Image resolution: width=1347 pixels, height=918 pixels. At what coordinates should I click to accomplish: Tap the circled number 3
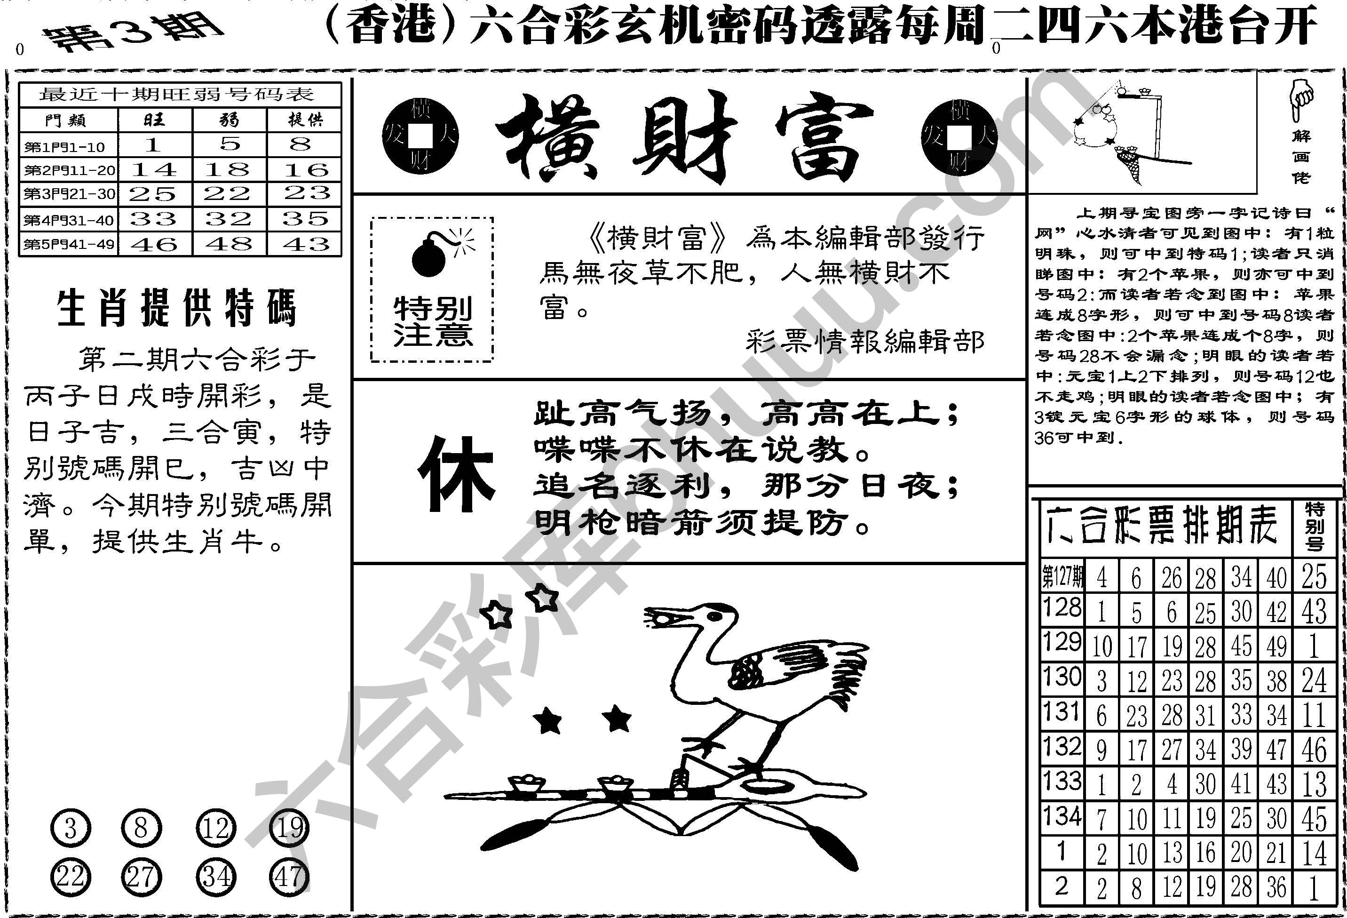(71, 829)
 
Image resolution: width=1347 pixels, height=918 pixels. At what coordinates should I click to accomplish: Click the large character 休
(457, 474)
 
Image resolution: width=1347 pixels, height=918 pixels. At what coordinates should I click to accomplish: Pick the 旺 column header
(154, 120)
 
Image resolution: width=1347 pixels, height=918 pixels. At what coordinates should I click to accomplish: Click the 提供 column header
(305, 120)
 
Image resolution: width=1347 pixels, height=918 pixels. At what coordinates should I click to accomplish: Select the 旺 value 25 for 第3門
(154, 194)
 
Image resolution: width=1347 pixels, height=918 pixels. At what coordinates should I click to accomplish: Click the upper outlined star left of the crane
(544, 597)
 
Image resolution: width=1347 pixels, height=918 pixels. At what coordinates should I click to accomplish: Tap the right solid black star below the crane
(617, 719)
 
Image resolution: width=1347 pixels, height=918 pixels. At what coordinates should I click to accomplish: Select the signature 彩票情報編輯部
(865, 342)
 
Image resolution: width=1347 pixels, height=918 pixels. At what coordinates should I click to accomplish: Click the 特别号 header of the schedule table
(1315, 526)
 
